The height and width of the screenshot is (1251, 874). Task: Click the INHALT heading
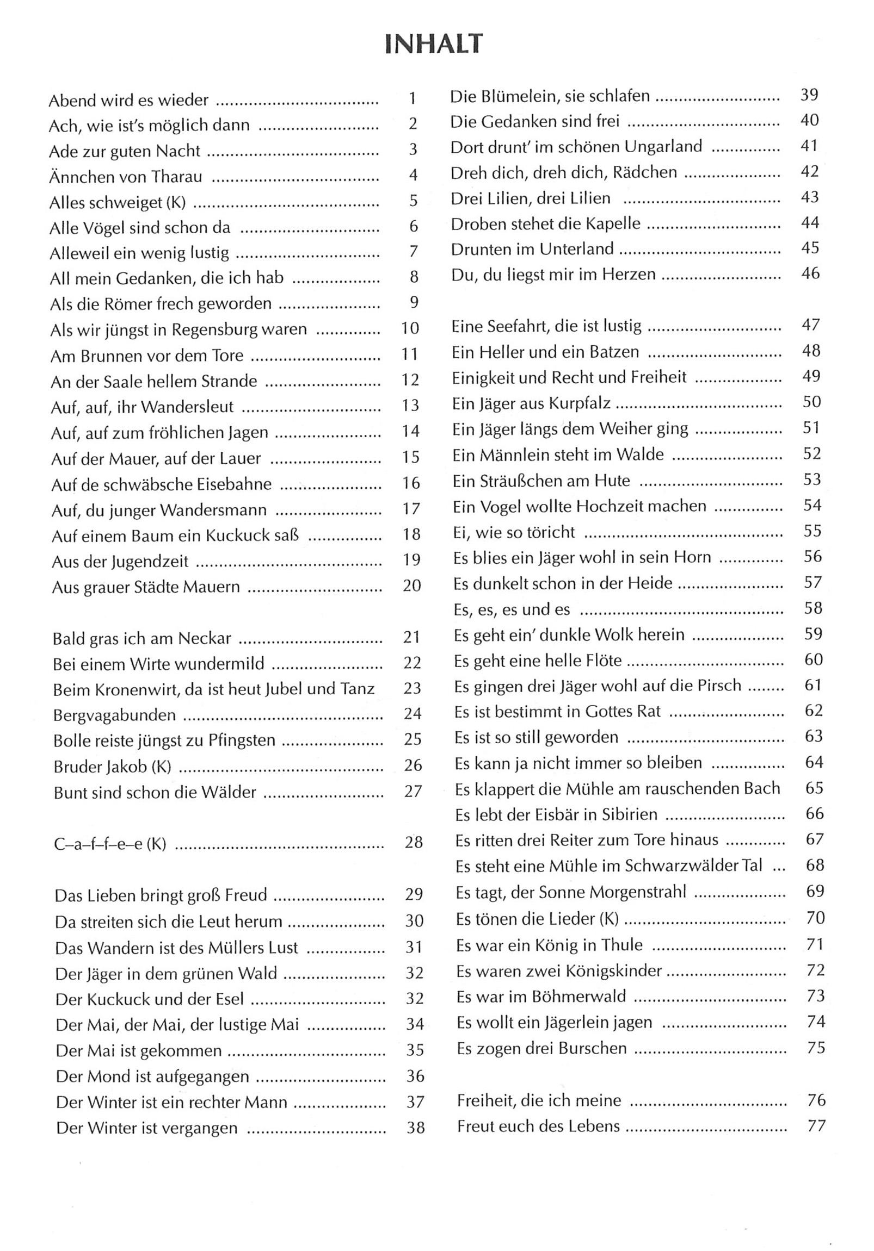click(x=433, y=43)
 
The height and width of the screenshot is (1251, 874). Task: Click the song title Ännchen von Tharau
click(x=125, y=177)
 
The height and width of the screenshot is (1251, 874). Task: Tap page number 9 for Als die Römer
click(x=414, y=302)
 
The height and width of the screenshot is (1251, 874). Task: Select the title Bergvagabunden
click(x=114, y=715)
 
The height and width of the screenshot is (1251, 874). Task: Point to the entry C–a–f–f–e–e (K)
click(x=109, y=844)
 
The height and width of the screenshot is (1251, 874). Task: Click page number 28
click(x=414, y=842)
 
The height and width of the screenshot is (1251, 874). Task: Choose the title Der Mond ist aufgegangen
click(x=152, y=1076)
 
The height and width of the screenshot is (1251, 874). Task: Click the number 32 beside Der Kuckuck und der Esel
click(x=414, y=998)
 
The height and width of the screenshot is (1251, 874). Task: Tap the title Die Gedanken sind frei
click(x=534, y=121)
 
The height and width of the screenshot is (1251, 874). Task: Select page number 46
click(x=810, y=273)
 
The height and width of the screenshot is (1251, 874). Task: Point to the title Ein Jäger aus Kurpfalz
click(x=531, y=403)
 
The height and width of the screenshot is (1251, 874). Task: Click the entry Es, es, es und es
click(x=512, y=609)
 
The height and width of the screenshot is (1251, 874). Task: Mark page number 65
click(x=814, y=788)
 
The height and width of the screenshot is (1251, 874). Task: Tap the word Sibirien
click(x=629, y=814)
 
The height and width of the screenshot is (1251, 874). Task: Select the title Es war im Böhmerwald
click(x=541, y=997)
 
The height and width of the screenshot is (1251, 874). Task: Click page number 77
click(x=816, y=1125)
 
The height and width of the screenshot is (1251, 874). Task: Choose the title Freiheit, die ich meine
click(x=539, y=1100)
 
